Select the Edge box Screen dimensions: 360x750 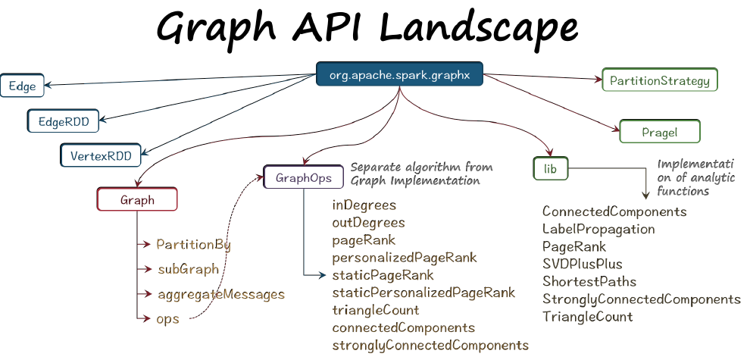(22, 86)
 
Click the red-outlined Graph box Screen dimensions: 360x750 (137, 200)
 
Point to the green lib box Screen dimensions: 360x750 (551, 169)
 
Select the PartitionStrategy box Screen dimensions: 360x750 (658, 80)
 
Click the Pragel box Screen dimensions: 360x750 (660, 132)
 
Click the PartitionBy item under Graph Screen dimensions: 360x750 (193, 245)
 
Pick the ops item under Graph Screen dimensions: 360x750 (167, 318)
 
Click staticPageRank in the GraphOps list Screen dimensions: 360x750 (383, 274)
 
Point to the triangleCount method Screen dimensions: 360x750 (375, 310)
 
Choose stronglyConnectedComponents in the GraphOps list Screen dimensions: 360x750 (430, 345)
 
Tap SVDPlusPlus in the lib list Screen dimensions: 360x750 (582, 264)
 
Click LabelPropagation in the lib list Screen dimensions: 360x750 (598, 229)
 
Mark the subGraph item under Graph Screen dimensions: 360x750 (188, 269)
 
